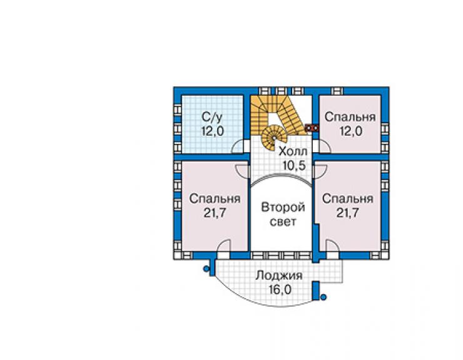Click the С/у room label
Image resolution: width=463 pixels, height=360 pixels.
pos(211,117)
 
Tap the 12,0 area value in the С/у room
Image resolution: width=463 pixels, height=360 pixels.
pos(213,131)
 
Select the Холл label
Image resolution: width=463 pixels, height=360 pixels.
pos(293,152)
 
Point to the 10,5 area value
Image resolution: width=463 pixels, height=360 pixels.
pos(293,165)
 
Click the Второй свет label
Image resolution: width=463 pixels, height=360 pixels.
pos(283,214)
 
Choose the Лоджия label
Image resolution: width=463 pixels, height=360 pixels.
pos(279,275)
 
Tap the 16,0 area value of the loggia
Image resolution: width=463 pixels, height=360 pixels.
pos(280,290)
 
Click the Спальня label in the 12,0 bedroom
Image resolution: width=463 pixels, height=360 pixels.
pos(350,117)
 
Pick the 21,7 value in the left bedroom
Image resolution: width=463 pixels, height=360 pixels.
pos(215,212)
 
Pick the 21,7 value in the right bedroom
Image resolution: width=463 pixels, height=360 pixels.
pos(347,212)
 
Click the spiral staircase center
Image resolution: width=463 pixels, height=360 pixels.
pos(274,138)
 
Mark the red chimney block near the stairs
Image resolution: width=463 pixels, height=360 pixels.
pos(312,128)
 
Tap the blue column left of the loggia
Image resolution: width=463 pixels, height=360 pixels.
pos(206,269)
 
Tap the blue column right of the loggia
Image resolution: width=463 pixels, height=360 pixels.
pos(323,297)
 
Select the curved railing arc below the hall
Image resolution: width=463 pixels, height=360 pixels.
pos(281,175)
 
